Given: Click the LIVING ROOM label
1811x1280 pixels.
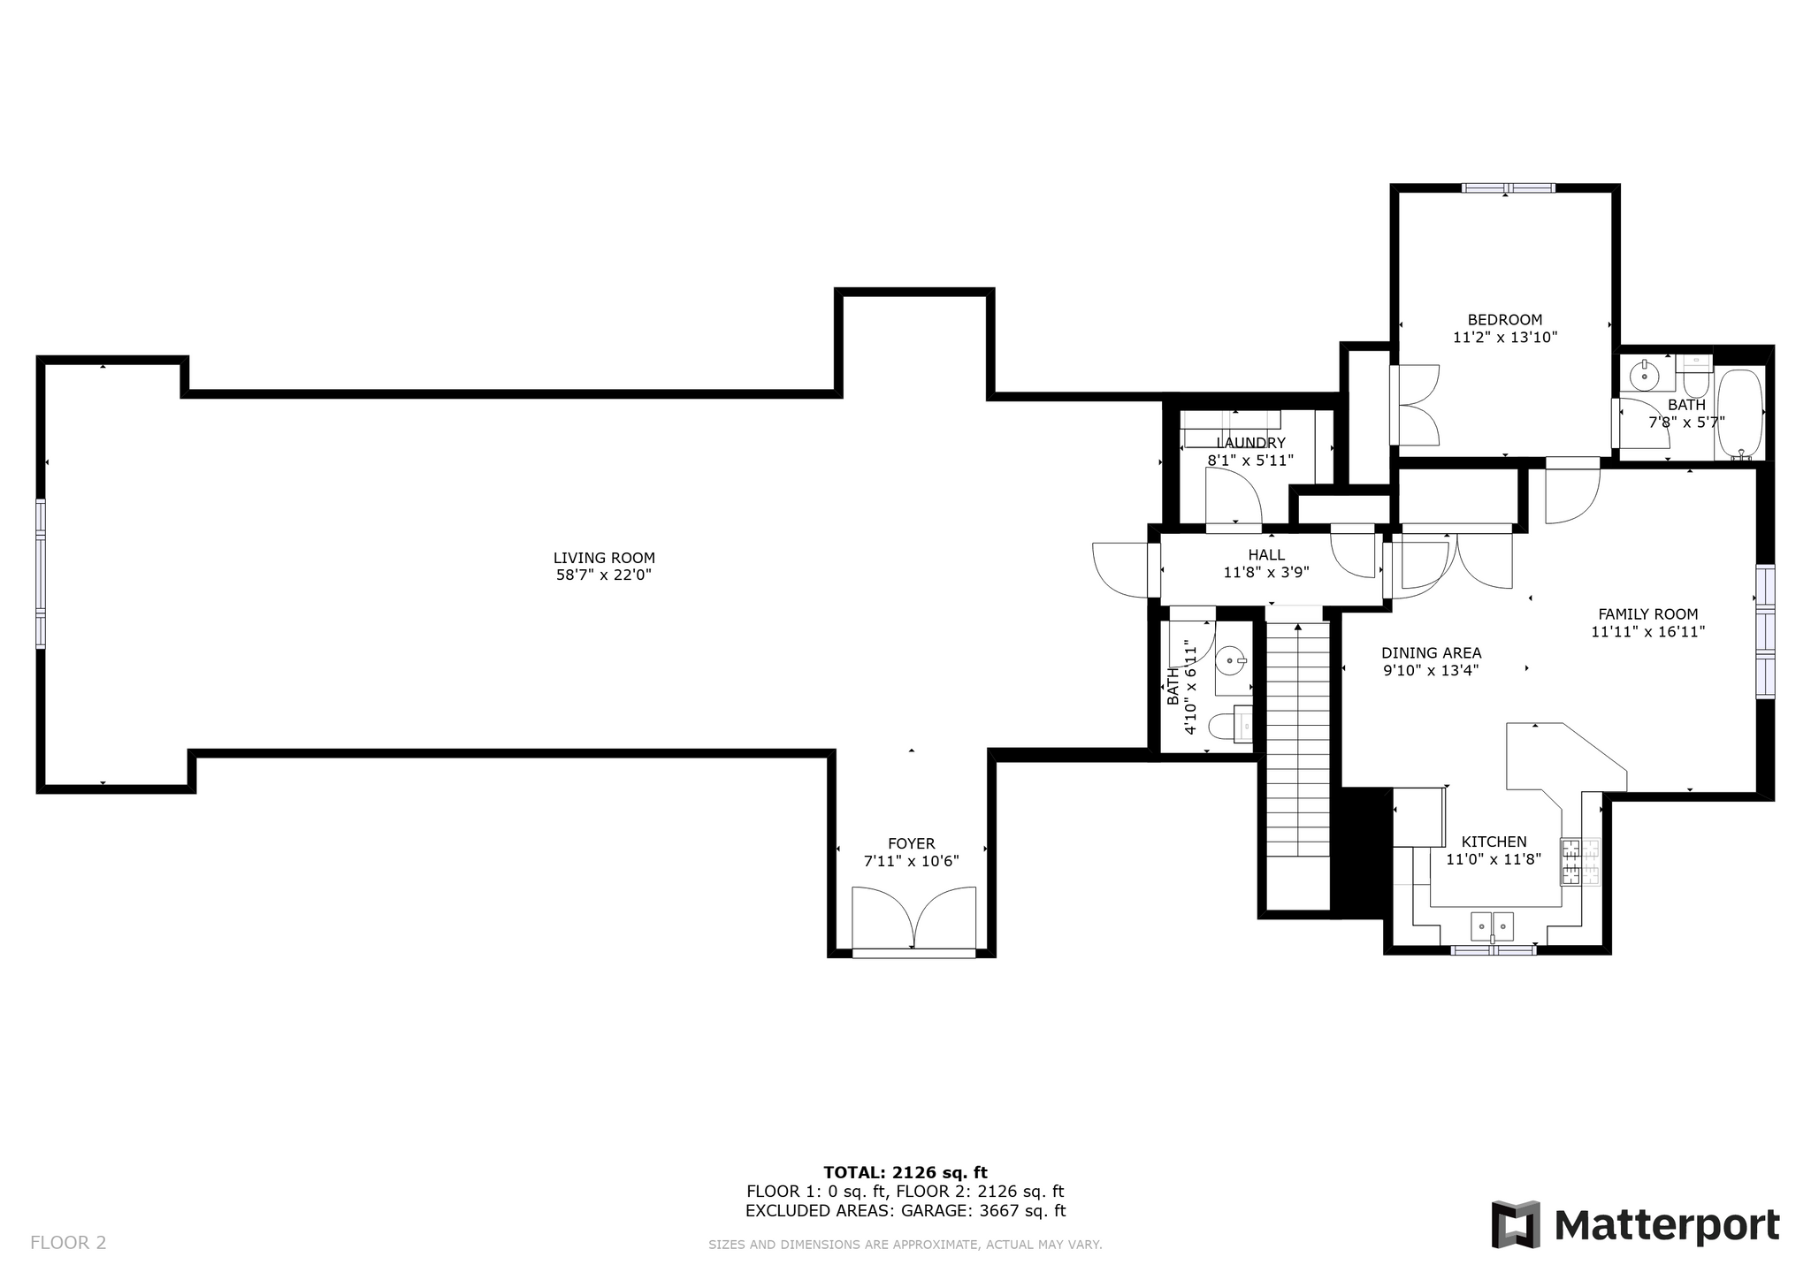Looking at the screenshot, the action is click(x=604, y=558).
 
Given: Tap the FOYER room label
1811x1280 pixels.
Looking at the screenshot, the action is click(x=912, y=844).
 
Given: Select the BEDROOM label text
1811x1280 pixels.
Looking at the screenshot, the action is click(x=1505, y=320).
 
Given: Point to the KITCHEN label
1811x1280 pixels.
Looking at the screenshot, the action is click(x=1494, y=842).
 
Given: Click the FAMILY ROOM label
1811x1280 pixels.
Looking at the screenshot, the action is click(x=1648, y=614).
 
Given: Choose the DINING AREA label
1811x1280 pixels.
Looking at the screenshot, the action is click(x=1432, y=653).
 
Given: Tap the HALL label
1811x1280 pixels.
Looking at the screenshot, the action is click(x=1266, y=555).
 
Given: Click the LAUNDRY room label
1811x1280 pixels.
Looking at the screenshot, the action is click(x=1250, y=443).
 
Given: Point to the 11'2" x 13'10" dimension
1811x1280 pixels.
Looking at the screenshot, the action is click(x=1505, y=338).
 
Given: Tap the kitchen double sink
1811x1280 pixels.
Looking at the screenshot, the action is click(x=1493, y=926).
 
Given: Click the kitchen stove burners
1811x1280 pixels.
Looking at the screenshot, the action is click(x=1580, y=862).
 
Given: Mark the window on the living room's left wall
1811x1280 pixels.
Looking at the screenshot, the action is click(x=41, y=574).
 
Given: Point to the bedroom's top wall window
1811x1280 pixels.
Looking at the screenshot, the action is click(x=1508, y=188).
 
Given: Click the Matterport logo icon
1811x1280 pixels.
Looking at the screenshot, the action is click(x=1516, y=1224).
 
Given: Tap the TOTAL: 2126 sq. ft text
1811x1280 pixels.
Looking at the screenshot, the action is click(x=905, y=1173).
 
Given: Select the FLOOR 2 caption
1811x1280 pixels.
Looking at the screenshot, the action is click(x=68, y=1243).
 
